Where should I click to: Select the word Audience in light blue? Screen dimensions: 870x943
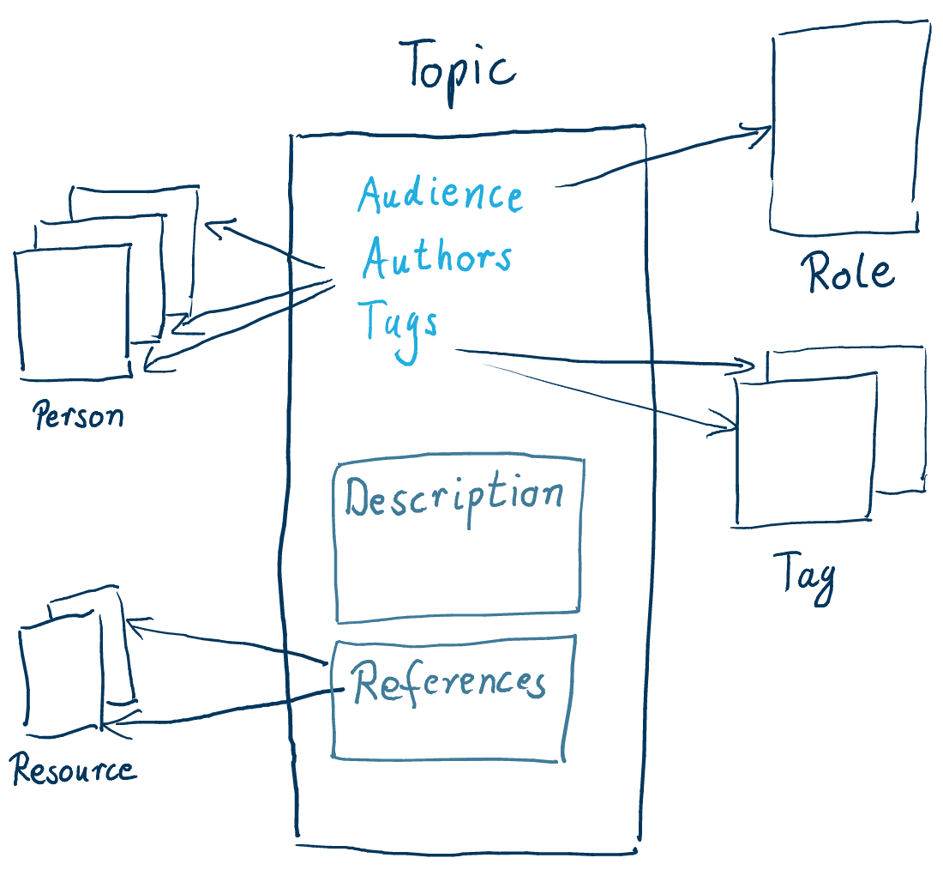(x=440, y=195)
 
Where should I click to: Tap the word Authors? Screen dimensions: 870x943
(x=437, y=257)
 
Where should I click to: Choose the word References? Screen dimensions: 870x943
(x=449, y=683)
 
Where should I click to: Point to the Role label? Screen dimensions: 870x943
(x=849, y=273)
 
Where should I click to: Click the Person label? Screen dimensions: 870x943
(x=78, y=417)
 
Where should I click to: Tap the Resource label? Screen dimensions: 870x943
(x=74, y=770)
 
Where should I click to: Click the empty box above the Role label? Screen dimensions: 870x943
(x=849, y=129)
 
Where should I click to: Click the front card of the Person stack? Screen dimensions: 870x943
(x=74, y=313)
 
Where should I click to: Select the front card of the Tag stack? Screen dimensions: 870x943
(x=806, y=450)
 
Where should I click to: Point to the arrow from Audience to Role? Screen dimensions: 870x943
(x=660, y=159)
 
